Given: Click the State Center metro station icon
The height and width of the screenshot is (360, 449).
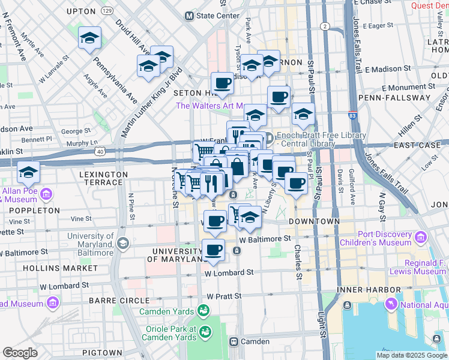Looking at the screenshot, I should [x=190, y=16].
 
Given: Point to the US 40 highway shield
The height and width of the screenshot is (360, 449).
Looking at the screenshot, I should [x=100, y=152].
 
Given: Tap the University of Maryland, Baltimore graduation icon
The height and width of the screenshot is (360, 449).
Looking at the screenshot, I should [x=123, y=243].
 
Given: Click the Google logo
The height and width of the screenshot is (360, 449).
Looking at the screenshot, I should [x=20, y=353].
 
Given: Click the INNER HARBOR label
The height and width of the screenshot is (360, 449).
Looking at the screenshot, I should [x=360, y=291].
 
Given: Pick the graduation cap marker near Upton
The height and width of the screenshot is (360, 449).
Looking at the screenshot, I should [x=89, y=39].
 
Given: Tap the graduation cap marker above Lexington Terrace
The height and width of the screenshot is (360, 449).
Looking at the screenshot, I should [x=28, y=173].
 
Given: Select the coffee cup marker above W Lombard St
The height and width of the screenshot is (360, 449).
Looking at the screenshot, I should [x=214, y=250].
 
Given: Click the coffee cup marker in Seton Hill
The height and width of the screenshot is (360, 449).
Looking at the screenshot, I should [x=222, y=83].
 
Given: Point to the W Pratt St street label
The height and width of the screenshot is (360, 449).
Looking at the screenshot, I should [x=224, y=296].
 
